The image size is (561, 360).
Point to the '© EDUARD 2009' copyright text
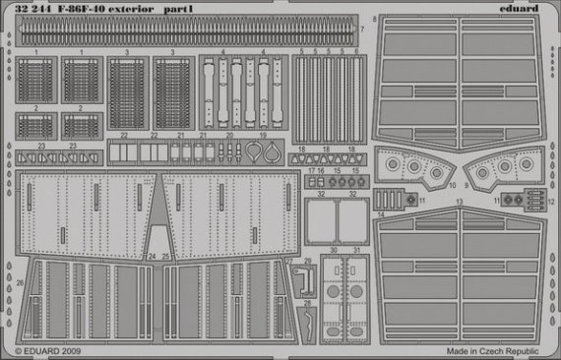(49, 351)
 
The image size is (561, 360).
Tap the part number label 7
(361, 29)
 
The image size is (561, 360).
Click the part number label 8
(375, 19)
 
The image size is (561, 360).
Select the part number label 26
(21, 281)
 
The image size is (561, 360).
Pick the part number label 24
(154, 256)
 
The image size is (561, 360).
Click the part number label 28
(307, 303)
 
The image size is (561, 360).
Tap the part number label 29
(307, 261)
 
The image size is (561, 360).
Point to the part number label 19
(263, 135)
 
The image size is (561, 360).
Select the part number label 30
(334, 251)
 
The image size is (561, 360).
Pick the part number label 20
(229, 135)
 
